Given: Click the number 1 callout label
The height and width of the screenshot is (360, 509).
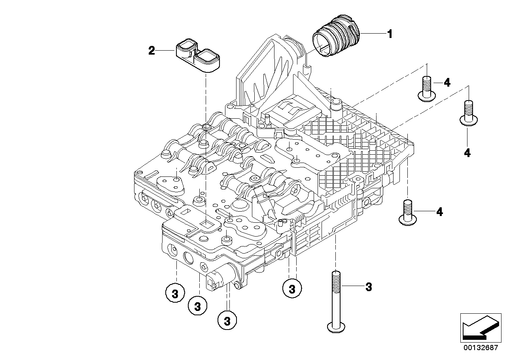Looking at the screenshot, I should [x=390, y=34].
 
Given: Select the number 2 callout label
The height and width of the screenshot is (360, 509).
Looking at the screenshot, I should [x=152, y=51].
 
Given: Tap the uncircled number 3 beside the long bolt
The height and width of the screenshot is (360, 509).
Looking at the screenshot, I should [x=369, y=287].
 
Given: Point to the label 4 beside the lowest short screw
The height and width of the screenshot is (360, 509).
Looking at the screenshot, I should [x=439, y=212].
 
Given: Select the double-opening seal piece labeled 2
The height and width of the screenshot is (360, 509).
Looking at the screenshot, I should [x=197, y=57].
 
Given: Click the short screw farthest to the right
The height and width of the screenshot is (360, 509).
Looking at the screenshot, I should [x=467, y=113].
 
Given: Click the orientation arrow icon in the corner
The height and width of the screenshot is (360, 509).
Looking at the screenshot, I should [x=479, y=326].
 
